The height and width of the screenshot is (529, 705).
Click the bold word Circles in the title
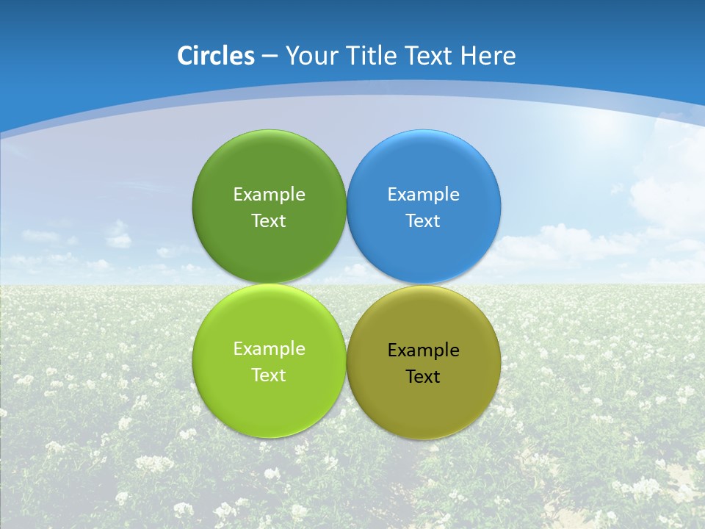[216, 56]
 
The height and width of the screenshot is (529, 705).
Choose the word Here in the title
[488, 56]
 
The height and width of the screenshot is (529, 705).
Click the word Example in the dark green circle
[269, 195]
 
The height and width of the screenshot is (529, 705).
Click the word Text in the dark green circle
[269, 221]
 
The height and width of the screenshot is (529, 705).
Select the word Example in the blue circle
[423, 195]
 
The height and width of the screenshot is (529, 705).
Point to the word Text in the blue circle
[423, 221]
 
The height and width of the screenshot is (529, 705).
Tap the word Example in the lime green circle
[269, 349]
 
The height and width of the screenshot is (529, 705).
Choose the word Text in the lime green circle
[269, 375]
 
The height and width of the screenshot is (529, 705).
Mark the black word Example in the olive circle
[423, 350]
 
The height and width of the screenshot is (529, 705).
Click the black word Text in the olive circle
[423, 377]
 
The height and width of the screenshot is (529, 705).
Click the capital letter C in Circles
[185, 56]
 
